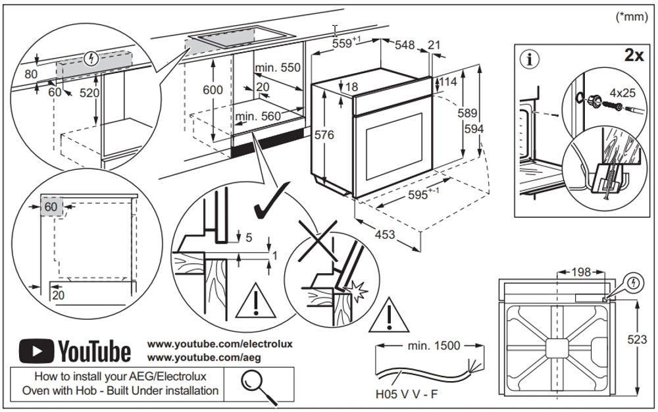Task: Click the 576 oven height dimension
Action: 324,135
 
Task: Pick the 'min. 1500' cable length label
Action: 434,346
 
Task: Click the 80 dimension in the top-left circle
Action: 31,74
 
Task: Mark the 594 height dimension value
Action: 474,129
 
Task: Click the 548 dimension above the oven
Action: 405,45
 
